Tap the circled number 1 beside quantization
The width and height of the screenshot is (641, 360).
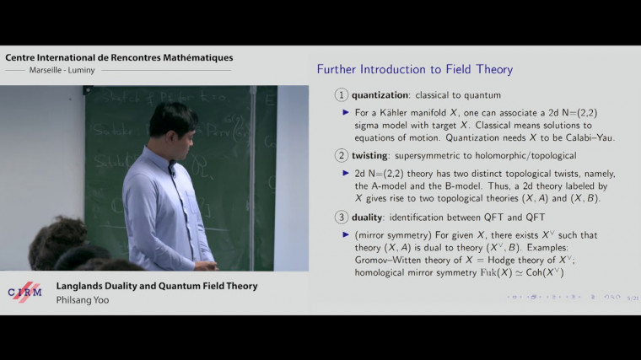pyautogui.click(x=342, y=95)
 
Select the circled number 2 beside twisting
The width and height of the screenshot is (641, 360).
pyautogui.click(x=342, y=156)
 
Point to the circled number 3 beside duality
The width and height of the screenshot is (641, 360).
pyautogui.click(x=342, y=218)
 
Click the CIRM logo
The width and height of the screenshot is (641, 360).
pyautogui.click(x=24, y=291)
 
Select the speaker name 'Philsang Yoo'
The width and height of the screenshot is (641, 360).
pyautogui.click(x=83, y=299)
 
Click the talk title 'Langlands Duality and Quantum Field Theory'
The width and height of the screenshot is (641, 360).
pyautogui.click(x=157, y=286)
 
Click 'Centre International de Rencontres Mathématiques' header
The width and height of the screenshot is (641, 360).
pyautogui.click(x=120, y=57)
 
